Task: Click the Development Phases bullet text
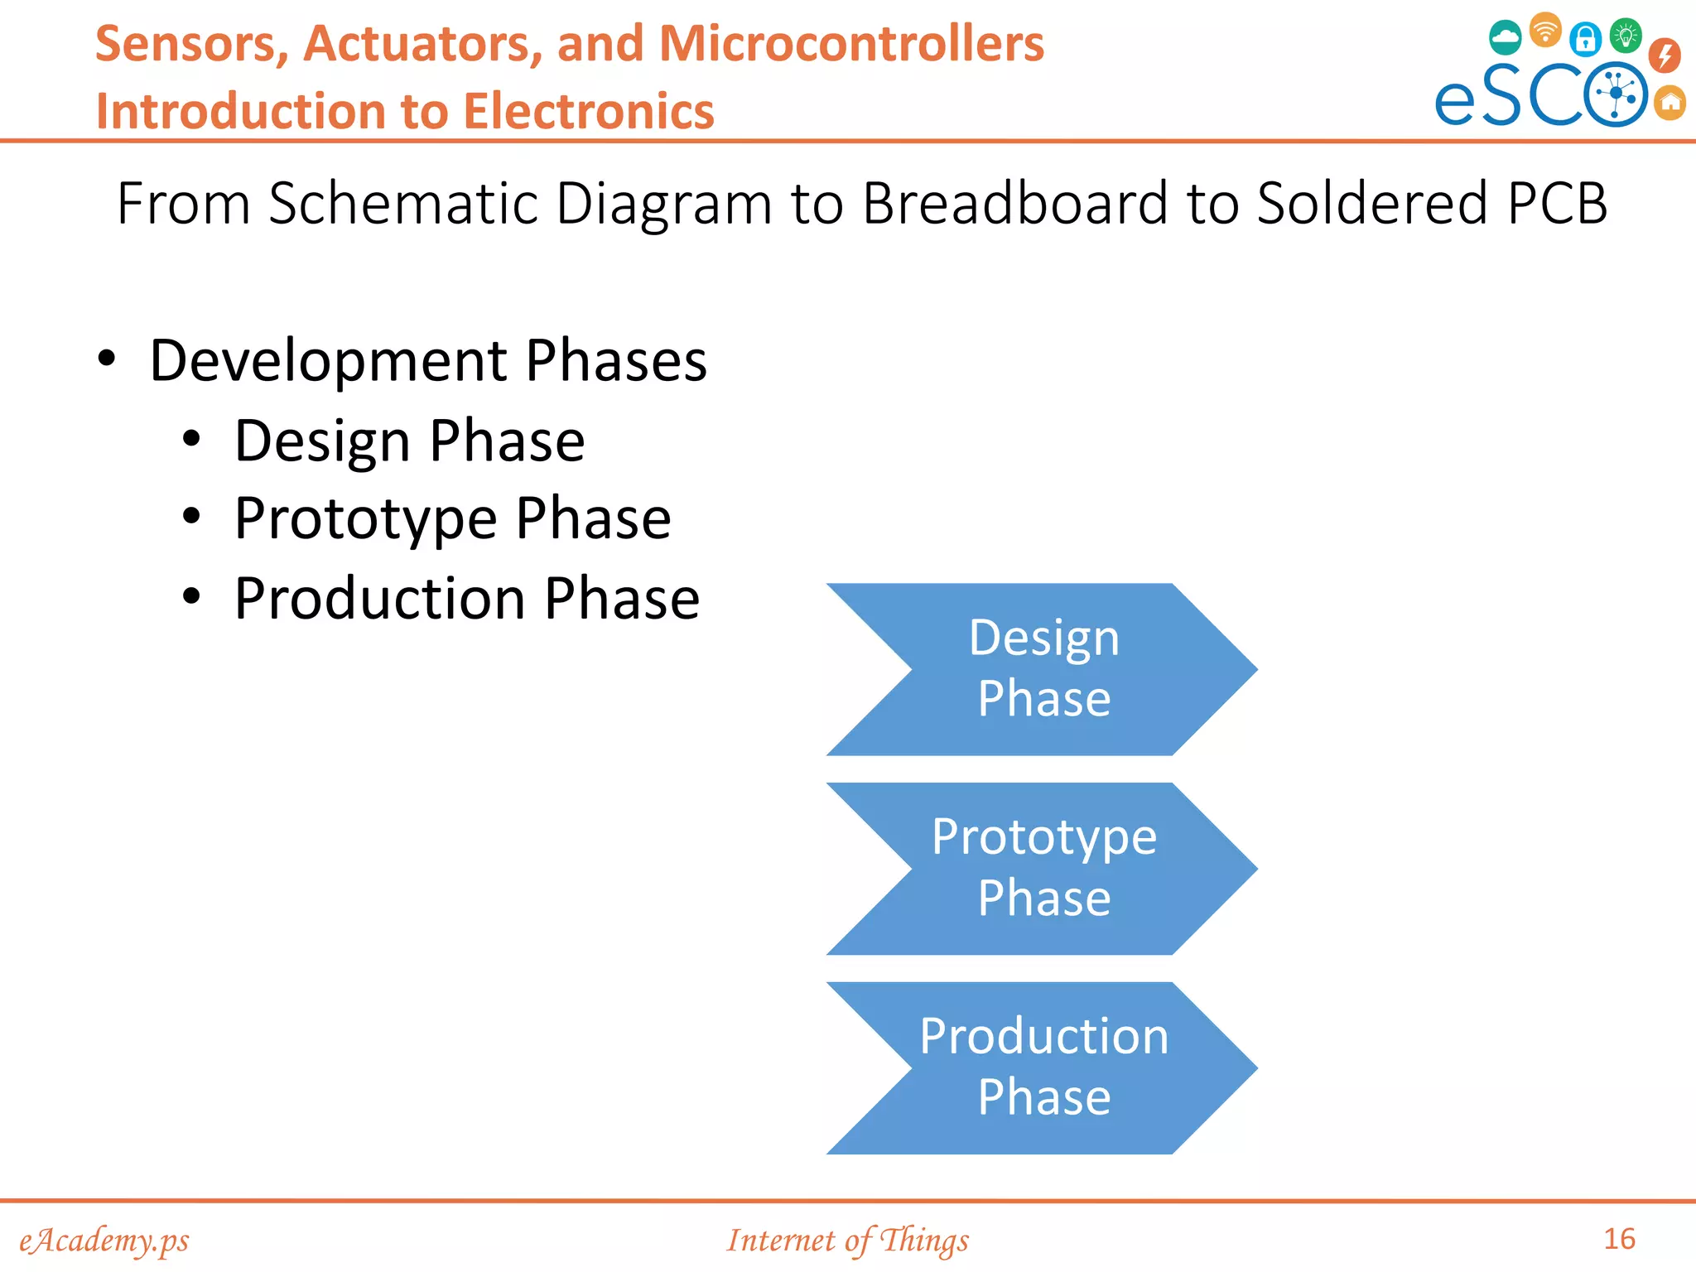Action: (x=427, y=361)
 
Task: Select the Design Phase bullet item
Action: (x=409, y=441)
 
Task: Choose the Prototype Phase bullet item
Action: (x=452, y=519)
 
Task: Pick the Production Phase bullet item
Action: (x=466, y=599)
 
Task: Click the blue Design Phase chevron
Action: (x=1043, y=669)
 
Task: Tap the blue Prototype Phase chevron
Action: (x=1043, y=869)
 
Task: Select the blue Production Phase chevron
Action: (x=1043, y=1067)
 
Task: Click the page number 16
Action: (x=1619, y=1239)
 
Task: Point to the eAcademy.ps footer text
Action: (x=104, y=1241)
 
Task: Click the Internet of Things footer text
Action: (x=847, y=1241)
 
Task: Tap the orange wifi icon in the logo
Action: (x=1544, y=31)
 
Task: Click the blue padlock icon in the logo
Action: (x=1585, y=38)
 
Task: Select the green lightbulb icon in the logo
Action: (x=1625, y=36)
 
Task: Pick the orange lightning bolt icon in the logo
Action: (x=1664, y=55)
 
